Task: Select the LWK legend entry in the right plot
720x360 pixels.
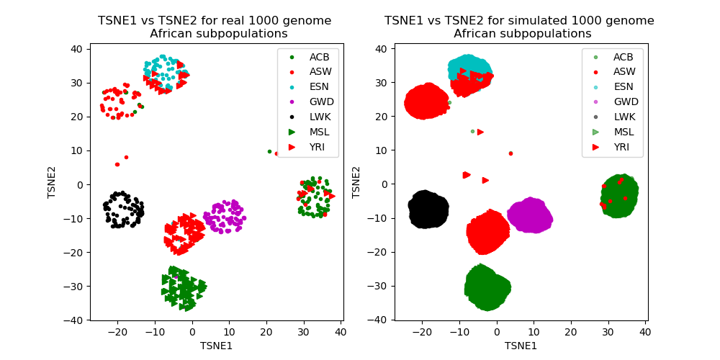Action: tap(624, 117)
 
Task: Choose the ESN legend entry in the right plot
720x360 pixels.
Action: tap(624, 86)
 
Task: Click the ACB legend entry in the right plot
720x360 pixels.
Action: tap(624, 57)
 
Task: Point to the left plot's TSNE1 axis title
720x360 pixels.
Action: tap(217, 346)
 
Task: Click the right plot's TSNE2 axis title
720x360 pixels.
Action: tap(356, 183)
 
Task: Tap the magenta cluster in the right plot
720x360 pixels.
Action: tap(530, 215)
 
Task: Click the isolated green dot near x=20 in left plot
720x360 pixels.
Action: tap(269, 151)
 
